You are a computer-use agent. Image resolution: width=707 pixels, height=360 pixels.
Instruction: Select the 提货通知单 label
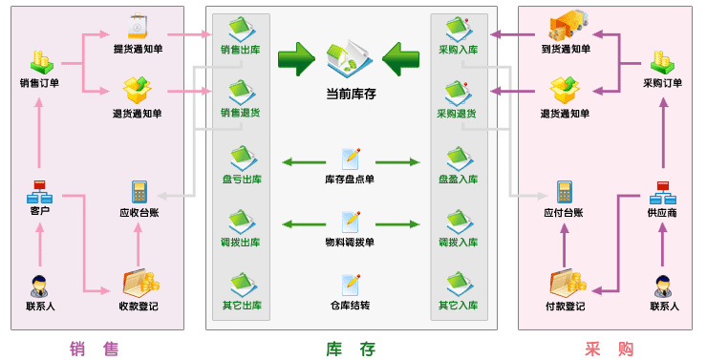pyautogui.click(x=138, y=49)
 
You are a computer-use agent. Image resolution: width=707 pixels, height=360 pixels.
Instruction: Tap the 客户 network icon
pyautogui.click(x=39, y=190)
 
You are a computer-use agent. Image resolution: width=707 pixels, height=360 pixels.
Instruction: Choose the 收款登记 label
pyautogui.click(x=139, y=307)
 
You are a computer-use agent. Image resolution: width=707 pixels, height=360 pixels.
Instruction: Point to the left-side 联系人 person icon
pyautogui.click(x=39, y=285)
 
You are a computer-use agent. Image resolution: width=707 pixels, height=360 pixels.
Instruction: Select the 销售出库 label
pyautogui.click(x=240, y=49)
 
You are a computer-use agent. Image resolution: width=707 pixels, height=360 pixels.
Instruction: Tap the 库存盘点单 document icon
pyautogui.click(x=351, y=158)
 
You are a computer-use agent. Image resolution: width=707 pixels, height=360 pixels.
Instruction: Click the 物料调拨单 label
pyautogui.click(x=350, y=243)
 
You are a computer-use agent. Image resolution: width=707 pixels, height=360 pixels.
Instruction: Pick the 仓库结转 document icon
pyautogui.click(x=351, y=284)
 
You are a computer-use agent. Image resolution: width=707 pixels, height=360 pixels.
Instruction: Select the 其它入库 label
pyautogui.click(x=458, y=307)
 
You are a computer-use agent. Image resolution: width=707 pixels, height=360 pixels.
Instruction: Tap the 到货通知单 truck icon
pyautogui.click(x=566, y=29)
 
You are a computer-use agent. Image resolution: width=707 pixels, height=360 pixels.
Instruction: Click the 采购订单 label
pyautogui.click(x=663, y=83)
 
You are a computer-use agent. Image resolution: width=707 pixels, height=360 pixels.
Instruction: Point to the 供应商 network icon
pyautogui.click(x=663, y=191)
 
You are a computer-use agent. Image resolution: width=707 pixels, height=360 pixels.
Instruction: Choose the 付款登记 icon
pyautogui.click(x=566, y=284)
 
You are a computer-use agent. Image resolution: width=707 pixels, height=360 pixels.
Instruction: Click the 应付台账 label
pyautogui.click(x=564, y=212)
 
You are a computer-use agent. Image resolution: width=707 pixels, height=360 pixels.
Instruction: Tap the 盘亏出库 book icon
pyautogui.click(x=241, y=158)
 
